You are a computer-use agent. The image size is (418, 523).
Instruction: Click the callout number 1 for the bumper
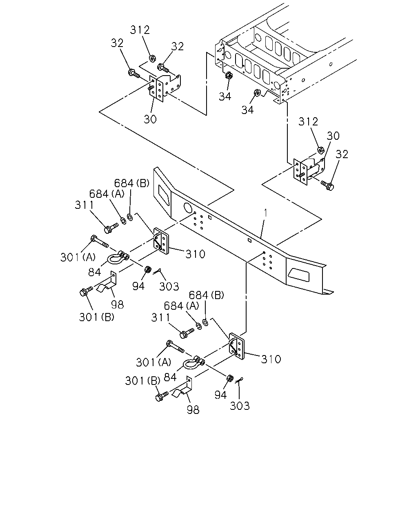point(265,213)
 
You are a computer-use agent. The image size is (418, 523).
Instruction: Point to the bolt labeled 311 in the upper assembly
point(111,228)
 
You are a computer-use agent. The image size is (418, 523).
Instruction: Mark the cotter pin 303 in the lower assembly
point(239,380)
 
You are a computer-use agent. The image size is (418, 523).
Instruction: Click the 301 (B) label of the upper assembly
point(96,317)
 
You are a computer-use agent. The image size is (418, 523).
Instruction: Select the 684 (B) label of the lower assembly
point(206,295)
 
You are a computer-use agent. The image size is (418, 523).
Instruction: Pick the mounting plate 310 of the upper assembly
point(161,241)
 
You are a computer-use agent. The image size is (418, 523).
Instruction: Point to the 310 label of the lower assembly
point(271,359)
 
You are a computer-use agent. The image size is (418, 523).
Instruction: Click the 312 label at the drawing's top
point(140,30)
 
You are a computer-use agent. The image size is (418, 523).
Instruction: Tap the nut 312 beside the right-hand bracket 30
point(320,150)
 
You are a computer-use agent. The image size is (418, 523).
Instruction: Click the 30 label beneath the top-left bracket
point(150,119)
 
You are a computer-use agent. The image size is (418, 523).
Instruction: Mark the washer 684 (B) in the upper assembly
point(130,217)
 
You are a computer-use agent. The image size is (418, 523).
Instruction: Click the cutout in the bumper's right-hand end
point(298,275)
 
